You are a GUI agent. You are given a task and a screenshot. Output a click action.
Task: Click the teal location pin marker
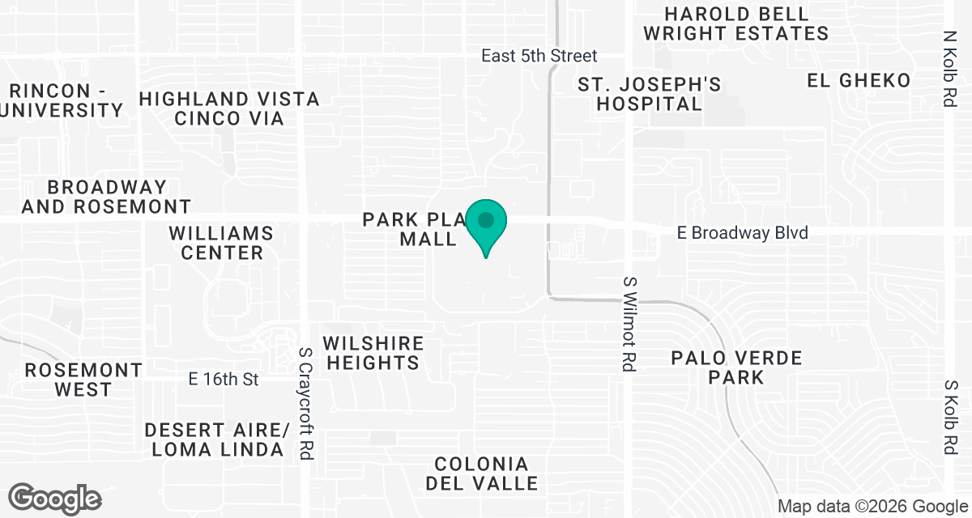tap(486, 223)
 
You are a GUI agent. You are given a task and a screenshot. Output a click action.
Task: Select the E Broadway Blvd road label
tap(743, 233)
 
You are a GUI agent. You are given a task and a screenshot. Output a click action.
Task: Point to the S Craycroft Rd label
tap(305, 405)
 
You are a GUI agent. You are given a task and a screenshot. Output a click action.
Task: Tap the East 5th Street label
tap(539, 56)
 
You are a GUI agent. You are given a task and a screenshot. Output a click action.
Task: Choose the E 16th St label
tap(223, 379)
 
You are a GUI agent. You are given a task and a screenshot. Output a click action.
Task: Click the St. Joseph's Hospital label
tap(650, 94)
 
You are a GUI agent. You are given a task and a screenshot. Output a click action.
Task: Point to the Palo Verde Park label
tap(736, 367)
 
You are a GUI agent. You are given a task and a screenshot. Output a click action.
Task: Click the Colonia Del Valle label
tap(486, 473)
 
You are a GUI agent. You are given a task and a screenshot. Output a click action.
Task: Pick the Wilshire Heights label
tap(373, 354)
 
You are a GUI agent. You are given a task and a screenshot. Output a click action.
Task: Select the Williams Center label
tap(221, 243)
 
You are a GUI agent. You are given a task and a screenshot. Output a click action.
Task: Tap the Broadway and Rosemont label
tap(106, 197)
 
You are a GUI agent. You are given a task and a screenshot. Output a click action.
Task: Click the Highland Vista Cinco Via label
tap(229, 108)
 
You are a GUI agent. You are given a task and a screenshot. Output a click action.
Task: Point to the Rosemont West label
tap(83, 380)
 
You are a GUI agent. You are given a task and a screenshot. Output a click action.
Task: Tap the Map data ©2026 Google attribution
tap(873, 507)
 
